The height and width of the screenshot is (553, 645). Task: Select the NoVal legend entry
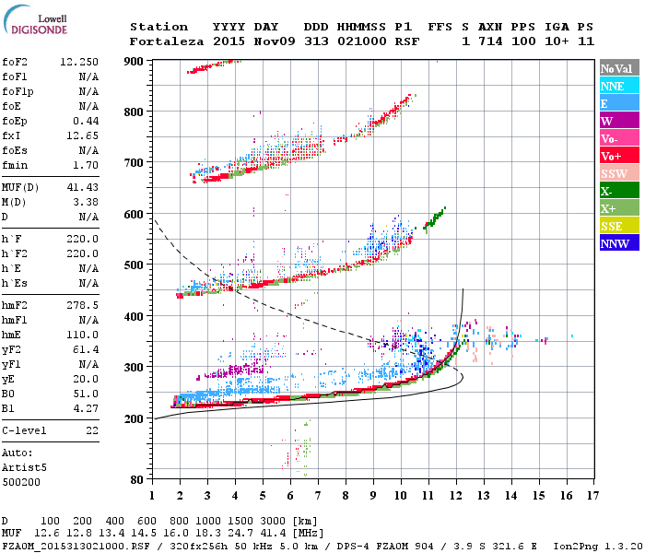pyautogui.click(x=617, y=68)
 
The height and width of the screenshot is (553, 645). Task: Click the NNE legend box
pyautogui.click(x=617, y=86)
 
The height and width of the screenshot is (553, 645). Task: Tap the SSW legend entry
pyautogui.click(x=617, y=173)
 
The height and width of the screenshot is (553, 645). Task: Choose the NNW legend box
pyautogui.click(x=617, y=243)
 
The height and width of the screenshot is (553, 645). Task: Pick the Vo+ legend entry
pyautogui.click(x=617, y=156)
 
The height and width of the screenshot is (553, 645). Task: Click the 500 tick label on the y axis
pyautogui.click(x=135, y=265)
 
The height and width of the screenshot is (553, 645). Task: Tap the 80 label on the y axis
pyautogui.click(x=137, y=479)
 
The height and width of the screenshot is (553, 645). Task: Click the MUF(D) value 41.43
pyautogui.click(x=83, y=187)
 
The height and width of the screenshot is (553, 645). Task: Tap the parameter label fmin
pyautogui.click(x=17, y=165)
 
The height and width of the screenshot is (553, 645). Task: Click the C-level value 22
pyautogui.click(x=91, y=430)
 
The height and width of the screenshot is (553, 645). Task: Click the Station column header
pyautogui.click(x=158, y=27)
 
